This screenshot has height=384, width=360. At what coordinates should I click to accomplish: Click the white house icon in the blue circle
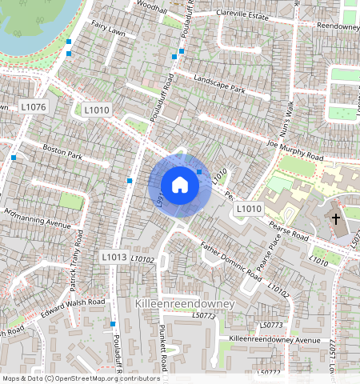[180, 186]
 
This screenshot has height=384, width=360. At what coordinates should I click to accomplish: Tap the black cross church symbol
[336, 218]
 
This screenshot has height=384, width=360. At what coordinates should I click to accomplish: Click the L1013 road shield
[114, 257]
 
